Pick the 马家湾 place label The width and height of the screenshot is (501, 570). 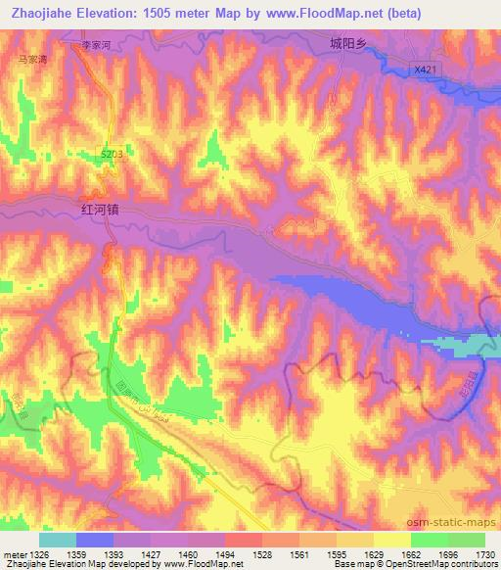[33, 59]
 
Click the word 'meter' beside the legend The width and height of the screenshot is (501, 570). [15, 554]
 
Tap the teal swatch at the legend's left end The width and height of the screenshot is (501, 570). [58, 540]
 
